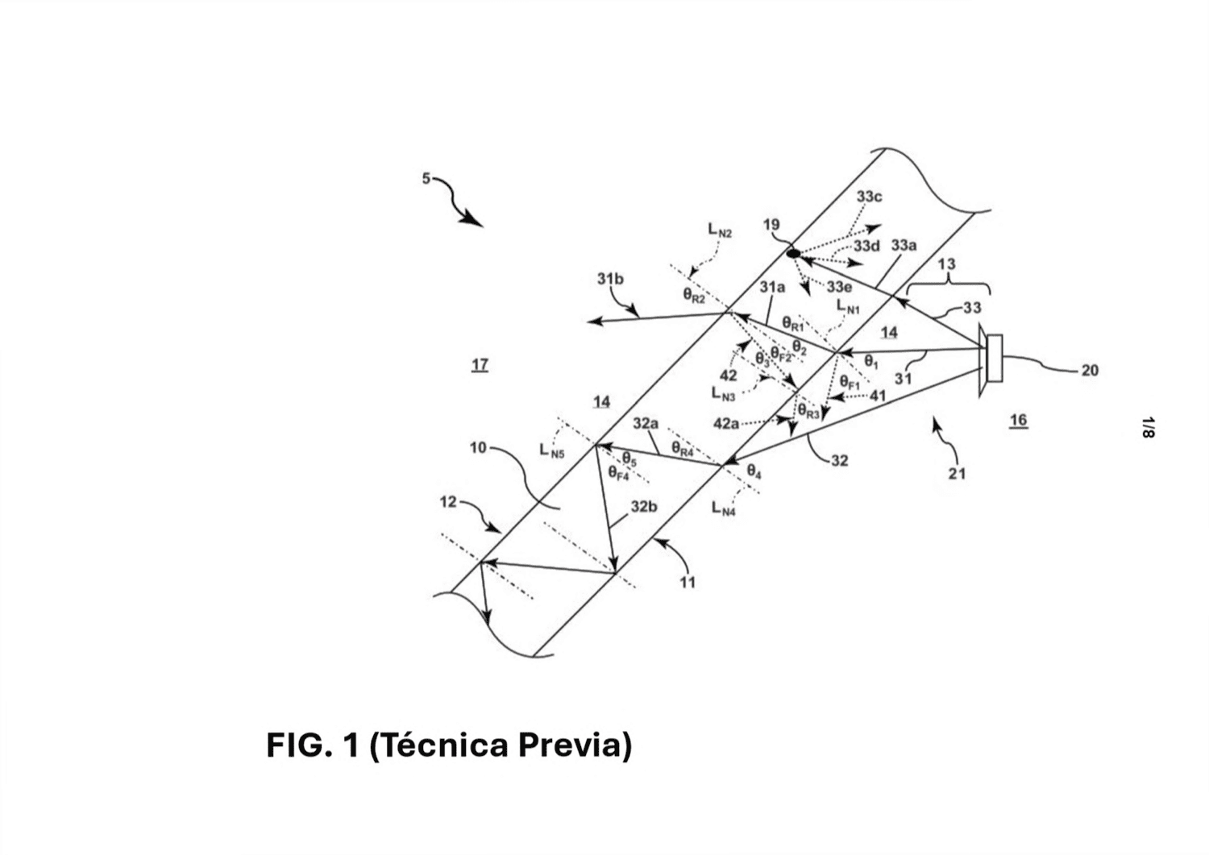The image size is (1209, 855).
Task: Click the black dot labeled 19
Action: click(x=793, y=252)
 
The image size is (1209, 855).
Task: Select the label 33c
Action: click(x=870, y=197)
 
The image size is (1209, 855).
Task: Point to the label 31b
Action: click(x=610, y=279)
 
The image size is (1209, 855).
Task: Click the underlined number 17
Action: click(x=480, y=365)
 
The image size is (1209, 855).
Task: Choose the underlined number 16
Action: click(x=1019, y=421)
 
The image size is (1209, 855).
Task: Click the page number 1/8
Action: click(x=1149, y=427)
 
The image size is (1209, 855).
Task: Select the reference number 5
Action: click(x=426, y=179)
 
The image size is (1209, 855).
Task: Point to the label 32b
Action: click(x=645, y=507)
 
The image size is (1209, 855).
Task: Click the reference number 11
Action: click(x=687, y=583)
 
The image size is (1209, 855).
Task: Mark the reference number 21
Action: click(x=957, y=474)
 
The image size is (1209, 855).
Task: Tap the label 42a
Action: click(x=726, y=424)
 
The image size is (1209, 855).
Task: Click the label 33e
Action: click(x=839, y=286)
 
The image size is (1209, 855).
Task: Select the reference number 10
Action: click(x=478, y=448)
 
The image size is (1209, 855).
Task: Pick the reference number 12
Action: click(x=448, y=503)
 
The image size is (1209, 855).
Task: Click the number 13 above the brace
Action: click(x=947, y=264)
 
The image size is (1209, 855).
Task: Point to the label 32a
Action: click(x=646, y=424)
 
